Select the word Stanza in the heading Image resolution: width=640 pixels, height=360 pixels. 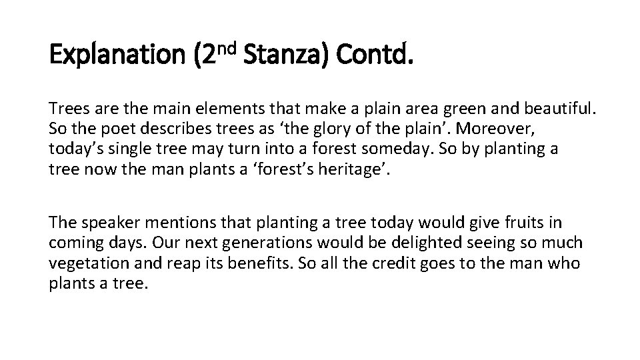[x=286, y=55]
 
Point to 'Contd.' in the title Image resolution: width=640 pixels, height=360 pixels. [x=375, y=55]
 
